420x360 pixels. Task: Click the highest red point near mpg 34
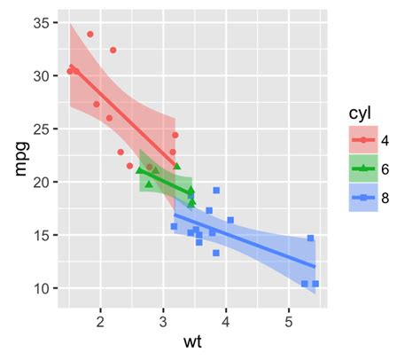[90, 35]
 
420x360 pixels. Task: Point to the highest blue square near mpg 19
[216, 191]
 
